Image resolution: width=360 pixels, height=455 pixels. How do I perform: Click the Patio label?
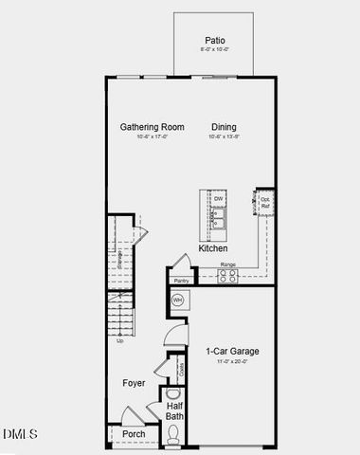click(215, 40)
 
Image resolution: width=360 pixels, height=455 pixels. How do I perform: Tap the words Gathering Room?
click(150, 127)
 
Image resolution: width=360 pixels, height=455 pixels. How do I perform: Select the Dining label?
click(224, 127)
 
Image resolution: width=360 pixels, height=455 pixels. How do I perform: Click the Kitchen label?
click(212, 248)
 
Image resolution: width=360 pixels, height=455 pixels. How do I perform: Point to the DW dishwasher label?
click(218, 199)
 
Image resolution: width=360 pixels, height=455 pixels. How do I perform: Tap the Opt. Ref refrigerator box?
click(265, 202)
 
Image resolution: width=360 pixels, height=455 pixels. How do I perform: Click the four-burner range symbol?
click(228, 276)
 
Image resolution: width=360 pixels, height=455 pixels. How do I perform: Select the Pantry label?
click(181, 282)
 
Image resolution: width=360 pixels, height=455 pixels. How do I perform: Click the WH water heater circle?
click(177, 300)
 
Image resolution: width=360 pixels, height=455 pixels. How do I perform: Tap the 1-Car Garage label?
click(232, 352)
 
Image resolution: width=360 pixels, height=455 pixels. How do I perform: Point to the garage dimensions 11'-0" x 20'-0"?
click(232, 362)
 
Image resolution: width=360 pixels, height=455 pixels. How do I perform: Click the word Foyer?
click(134, 383)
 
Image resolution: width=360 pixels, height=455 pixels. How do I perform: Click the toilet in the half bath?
click(173, 435)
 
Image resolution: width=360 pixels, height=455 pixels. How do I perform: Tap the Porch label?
click(134, 434)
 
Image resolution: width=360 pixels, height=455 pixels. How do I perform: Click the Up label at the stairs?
click(120, 340)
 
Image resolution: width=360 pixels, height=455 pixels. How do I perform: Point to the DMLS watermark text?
click(20, 434)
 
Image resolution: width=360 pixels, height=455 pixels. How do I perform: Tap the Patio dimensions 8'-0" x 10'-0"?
click(215, 49)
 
